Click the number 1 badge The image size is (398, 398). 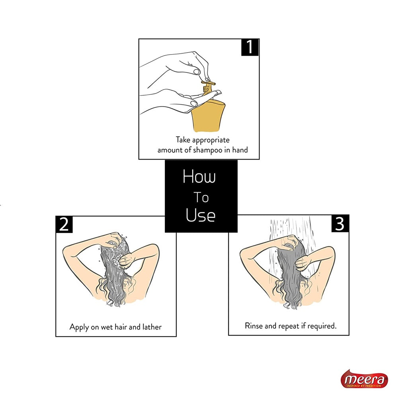(x=250, y=47)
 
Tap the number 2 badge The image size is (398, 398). (x=64, y=224)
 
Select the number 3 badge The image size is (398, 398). (x=339, y=224)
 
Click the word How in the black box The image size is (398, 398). (x=199, y=177)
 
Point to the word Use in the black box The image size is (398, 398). (x=201, y=215)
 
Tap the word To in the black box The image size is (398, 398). (x=201, y=197)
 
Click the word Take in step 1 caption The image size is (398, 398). (x=183, y=140)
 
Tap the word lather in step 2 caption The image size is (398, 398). (x=151, y=327)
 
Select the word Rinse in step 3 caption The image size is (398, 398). (x=254, y=326)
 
